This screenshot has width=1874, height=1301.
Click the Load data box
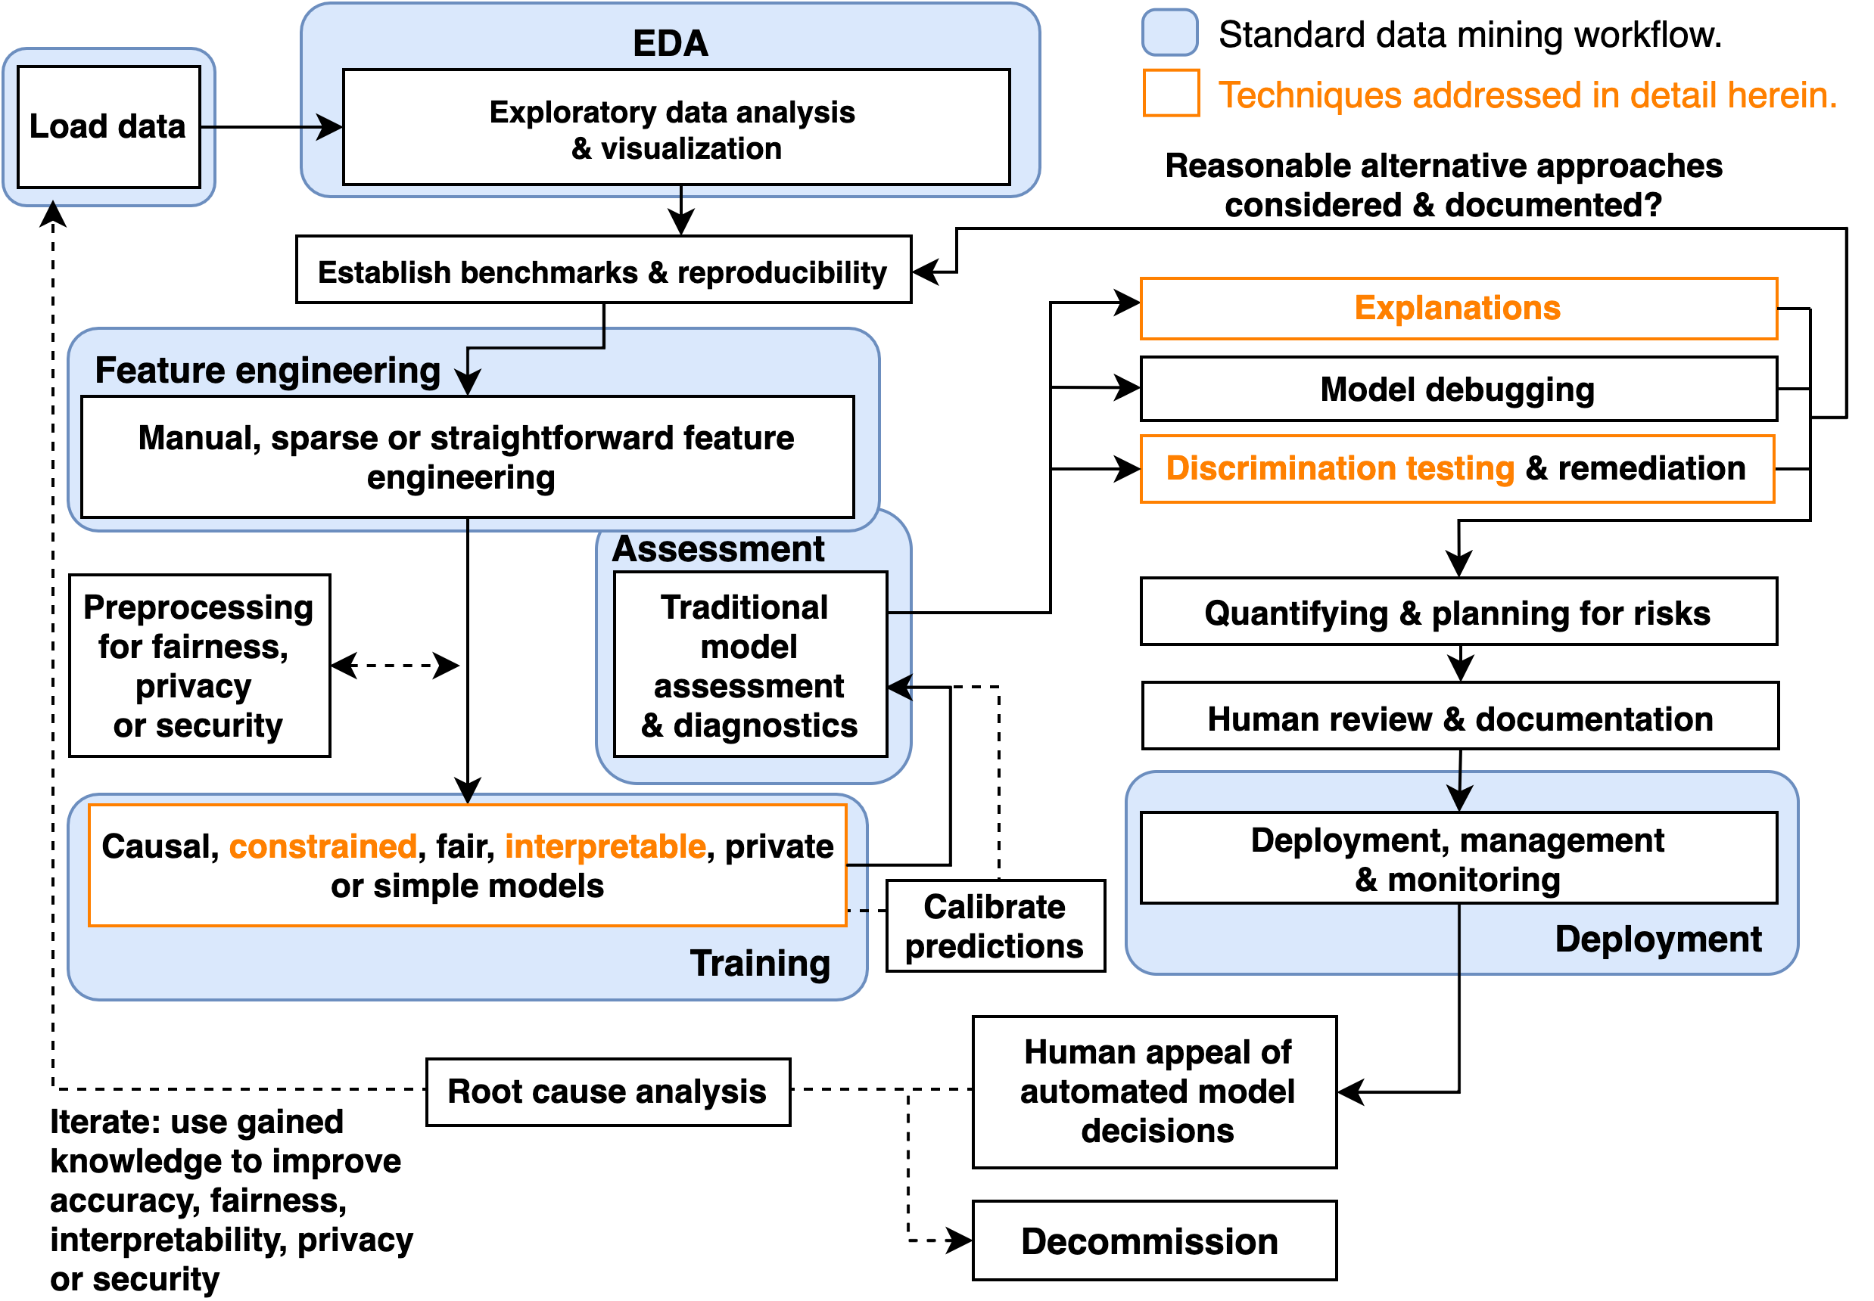108,126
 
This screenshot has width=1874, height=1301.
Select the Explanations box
1457,308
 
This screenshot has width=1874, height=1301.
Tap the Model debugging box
1457,389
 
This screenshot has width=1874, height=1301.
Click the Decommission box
1153,1240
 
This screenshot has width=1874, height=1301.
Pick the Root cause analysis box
608,1091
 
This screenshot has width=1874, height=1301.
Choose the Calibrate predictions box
995,925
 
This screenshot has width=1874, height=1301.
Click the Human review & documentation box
1460,716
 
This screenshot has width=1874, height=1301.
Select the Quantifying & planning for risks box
1458,611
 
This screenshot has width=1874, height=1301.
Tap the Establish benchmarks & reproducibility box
603,270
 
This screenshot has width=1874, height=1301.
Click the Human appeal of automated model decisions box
1155,1091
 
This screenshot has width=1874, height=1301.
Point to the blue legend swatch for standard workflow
1169,33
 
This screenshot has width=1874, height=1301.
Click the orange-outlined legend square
1171,93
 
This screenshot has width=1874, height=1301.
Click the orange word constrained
323,846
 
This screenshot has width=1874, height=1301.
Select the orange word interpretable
605,846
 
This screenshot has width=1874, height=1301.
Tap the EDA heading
671,43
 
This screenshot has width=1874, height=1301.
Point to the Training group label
760,963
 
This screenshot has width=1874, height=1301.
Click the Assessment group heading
718,548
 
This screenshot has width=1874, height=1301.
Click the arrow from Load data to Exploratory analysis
272,127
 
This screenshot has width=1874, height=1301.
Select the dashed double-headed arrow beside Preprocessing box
394,665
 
